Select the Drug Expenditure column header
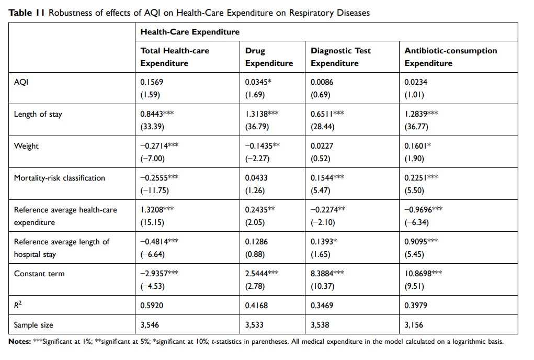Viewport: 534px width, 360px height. tap(269, 57)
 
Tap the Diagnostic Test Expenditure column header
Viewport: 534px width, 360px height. tap(340, 57)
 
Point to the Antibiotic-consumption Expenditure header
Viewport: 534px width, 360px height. tap(450, 57)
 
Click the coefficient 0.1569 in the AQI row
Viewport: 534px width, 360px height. tap(152, 82)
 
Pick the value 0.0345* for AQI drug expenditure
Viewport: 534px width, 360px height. tap(258, 82)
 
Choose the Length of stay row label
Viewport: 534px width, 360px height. tap(38, 114)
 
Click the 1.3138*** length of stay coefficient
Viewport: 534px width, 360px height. tap(262, 114)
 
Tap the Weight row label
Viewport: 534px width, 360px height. tap(26, 146)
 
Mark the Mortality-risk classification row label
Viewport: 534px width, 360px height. tap(59, 178)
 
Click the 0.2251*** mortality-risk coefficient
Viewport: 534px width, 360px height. tap(421, 178)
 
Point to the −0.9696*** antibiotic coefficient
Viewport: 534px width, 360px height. tap(423, 210)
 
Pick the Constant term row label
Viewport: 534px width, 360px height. tap(39, 274)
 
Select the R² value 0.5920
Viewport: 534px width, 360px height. tap(152, 306)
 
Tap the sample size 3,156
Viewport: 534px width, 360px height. tap(414, 325)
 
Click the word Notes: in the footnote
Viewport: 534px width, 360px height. tap(19, 342)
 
